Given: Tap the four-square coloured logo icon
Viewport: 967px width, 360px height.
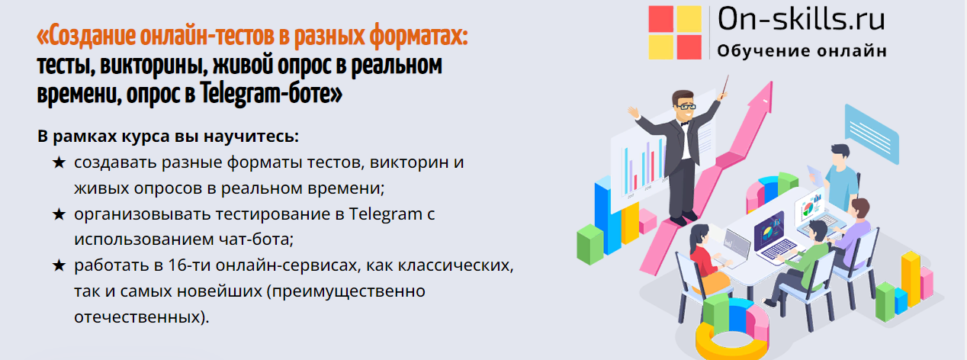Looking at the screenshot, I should click(x=674, y=32).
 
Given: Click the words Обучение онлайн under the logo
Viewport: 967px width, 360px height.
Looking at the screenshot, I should click(x=802, y=52).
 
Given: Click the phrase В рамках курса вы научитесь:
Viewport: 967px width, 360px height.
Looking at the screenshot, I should click(x=168, y=137).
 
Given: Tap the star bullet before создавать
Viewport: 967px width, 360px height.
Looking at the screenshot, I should click(x=59, y=162).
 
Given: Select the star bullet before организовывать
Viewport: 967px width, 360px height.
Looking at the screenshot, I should click(x=59, y=214).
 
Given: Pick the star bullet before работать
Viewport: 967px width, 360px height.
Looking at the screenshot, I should click(x=59, y=266).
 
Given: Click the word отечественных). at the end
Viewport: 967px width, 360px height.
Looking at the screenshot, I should click(x=141, y=317).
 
